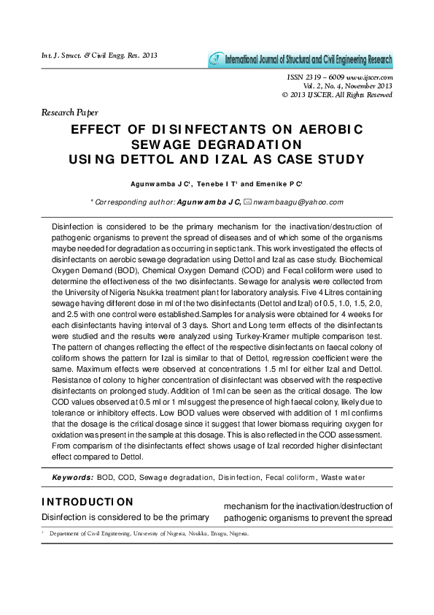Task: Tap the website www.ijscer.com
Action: [370, 77]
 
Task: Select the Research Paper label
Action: [70, 112]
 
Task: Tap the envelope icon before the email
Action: [248, 202]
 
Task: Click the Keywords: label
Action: [72, 477]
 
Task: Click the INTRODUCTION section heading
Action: [88, 502]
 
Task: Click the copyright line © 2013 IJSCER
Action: [337, 94]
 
